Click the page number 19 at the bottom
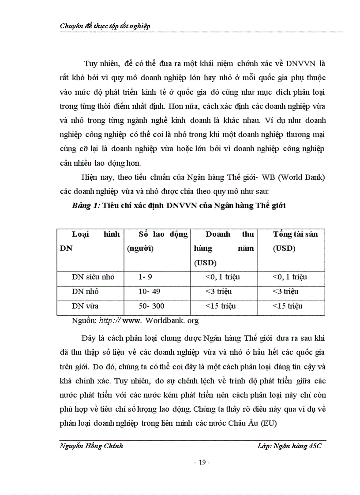pyautogui.click(x=202, y=463)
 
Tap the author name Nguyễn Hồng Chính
pyautogui.click(x=91, y=446)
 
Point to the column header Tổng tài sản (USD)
pyautogui.click(x=295, y=241)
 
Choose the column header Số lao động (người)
pyautogui.click(x=157, y=241)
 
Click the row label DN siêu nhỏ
pyautogui.click(x=93, y=277)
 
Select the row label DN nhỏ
pyautogui.click(x=85, y=292)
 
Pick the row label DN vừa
pyautogui.click(x=85, y=306)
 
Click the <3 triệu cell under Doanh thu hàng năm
pyautogui.click(x=218, y=292)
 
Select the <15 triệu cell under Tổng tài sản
pyautogui.click(x=288, y=306)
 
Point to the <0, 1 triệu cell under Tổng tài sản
pyautogui.click(x=289, y=277)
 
